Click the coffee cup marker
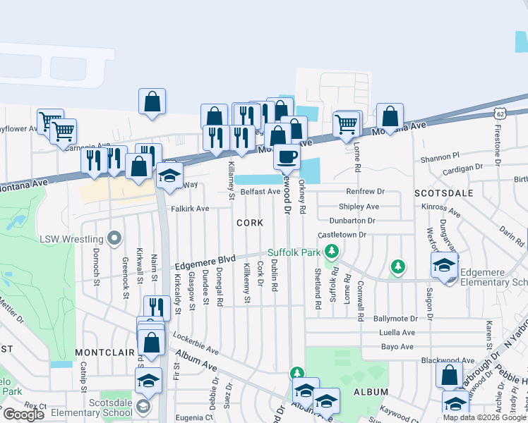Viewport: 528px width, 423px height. pyautogui.click(x=286, y=157)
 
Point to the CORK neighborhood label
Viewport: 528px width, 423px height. pyautogui.click(x=250, y=223)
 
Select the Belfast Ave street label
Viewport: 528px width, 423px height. pyautogui.click(x=260, y=192)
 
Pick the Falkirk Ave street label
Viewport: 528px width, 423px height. pyautogui.click(x=190, y=209)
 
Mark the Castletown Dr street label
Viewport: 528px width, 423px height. pyautogui.click(x=343, y=234)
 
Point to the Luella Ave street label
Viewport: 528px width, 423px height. pyautogui.click(x=397, y=333)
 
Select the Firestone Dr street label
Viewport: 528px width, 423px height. pyautogui.click(x=498, y=147)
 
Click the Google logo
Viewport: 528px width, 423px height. pyautogui.click(x=23, y=414)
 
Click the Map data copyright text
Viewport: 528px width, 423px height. pyautogui.click(x=485, y=417)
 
